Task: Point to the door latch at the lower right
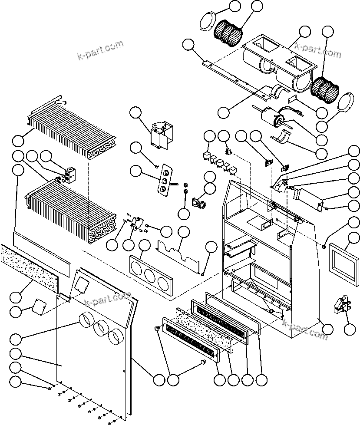click(x=342, y=304)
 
